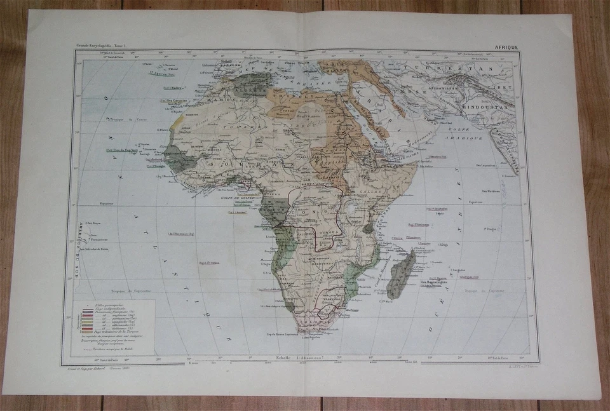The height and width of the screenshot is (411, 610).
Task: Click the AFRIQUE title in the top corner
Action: [x=507, y=47]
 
